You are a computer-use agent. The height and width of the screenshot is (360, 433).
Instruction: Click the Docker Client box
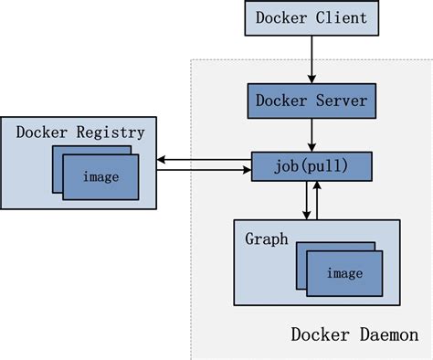312,17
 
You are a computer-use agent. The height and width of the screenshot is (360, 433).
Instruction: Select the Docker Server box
312,100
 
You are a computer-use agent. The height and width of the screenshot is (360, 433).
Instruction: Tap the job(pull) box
312,165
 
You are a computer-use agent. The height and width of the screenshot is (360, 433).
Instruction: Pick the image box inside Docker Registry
100,176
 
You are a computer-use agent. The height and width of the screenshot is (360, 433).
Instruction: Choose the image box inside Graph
343,273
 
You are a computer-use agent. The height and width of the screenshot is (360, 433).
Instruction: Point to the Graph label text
266,239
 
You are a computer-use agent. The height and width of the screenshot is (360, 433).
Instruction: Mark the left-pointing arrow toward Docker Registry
203,159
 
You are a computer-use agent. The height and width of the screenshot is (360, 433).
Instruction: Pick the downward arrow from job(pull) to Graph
306,200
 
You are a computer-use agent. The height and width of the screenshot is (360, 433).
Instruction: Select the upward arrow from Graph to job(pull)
318,200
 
